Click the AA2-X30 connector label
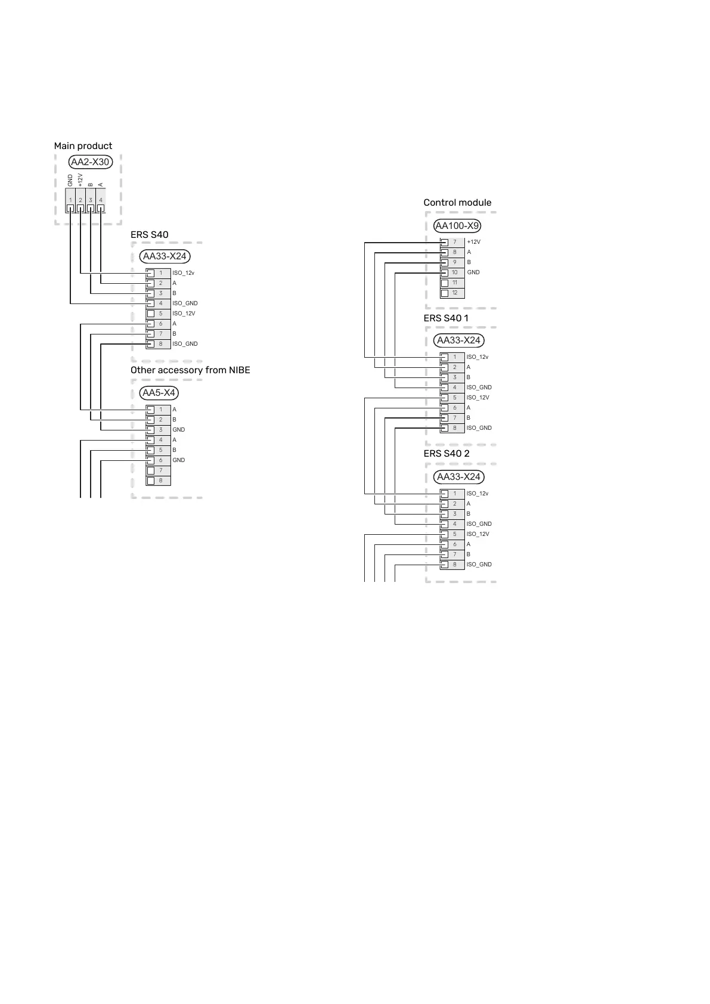90,162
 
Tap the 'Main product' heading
83,146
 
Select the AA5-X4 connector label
159,393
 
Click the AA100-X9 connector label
457,226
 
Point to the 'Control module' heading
457,203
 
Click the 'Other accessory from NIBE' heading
190,370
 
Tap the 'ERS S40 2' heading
447,454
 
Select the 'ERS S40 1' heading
446,318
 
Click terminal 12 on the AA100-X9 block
452,293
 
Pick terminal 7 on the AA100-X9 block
452,242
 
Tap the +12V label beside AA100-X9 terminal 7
473,242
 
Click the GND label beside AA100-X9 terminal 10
473,272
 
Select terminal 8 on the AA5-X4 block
159,481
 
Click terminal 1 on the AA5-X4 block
159,410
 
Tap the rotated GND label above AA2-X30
70,180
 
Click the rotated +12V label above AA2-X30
80,180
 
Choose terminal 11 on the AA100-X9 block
452,283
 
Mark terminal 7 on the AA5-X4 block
159,470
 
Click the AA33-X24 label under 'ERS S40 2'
458,477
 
